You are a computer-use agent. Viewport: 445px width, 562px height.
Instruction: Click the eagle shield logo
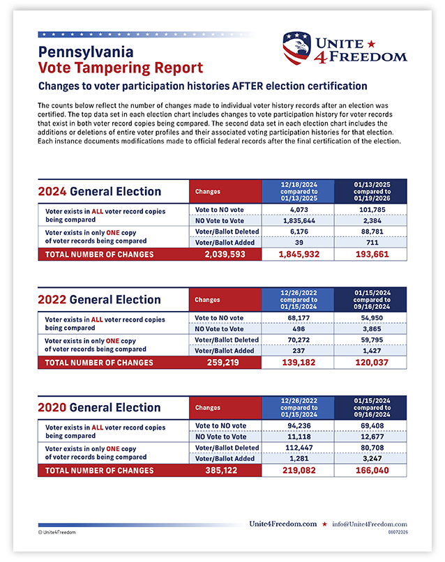pyautogui.click(x=296, y=48)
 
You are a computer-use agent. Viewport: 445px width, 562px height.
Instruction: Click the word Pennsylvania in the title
pyautogui.click(x=86, y=52)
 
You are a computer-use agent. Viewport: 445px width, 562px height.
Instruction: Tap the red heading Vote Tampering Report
pyautogui.click(x=121, y=68)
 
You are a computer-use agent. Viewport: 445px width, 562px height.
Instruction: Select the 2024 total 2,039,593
pyautogui.click(x=225, y=254)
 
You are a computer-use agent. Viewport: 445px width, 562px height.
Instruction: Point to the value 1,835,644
pyautogui.click(x=299, y=221)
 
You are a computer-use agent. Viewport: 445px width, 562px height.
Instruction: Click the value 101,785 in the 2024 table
pyautogui.click(x=372, y=210)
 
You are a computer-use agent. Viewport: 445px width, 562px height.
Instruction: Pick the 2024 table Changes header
pyautogui.click(x=208, y=192)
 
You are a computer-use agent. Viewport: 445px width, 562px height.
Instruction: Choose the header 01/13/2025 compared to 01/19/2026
pyautogui.click(x=372, y=191)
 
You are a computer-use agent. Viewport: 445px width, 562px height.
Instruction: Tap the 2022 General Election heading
pyautogui.click(x=99, y=300)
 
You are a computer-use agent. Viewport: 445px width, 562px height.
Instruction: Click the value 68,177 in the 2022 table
pyautogui.click(x=299, y=318)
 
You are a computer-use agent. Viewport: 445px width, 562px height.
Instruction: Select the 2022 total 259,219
pyautogui.click(x=222, y=363)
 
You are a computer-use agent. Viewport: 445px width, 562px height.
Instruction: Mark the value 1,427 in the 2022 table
pyautogui.click(x=372, y=351)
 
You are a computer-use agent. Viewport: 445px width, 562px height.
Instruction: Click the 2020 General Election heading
pyautogui.click(x=99, y=407)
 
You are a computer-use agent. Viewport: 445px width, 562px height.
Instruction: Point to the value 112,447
pyautogui.click(x=299, y=448)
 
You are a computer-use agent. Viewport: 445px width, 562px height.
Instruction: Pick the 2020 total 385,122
pyautogui.click(x=221, y=470)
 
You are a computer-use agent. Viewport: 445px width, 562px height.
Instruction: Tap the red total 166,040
pyautogui.click(x=372, y=470)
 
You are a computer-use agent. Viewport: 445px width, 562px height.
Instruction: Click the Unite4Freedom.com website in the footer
pyautogui.click(x=283, y=524)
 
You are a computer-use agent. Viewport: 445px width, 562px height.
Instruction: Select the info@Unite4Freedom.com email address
pyautogui.click(x=370, y=524)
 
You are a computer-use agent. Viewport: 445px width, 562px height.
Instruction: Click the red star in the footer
pyautogui.click(x=324, y=524)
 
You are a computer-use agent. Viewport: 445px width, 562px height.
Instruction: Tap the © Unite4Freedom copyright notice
pyautogui.click(x=57, y=532)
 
